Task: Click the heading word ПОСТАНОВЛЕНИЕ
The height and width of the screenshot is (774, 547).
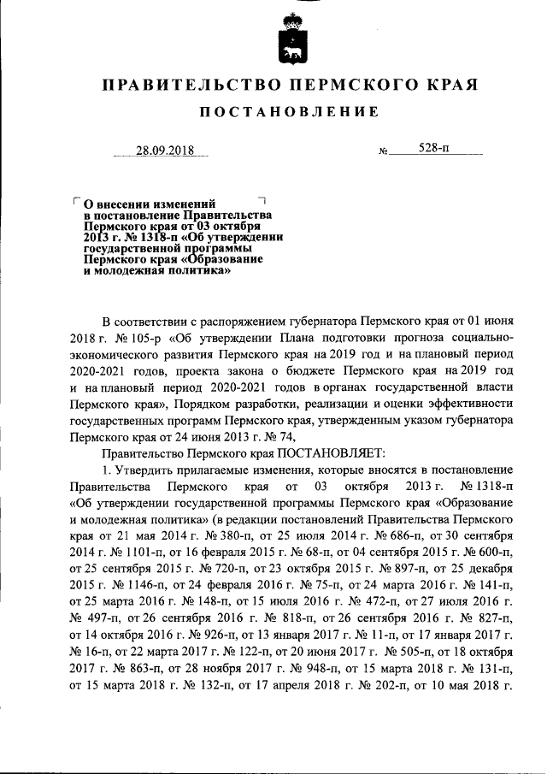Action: pyautogui.click(x=289, y=113)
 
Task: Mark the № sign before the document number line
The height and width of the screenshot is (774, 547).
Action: pyautogui.click(x=383, y=153)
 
